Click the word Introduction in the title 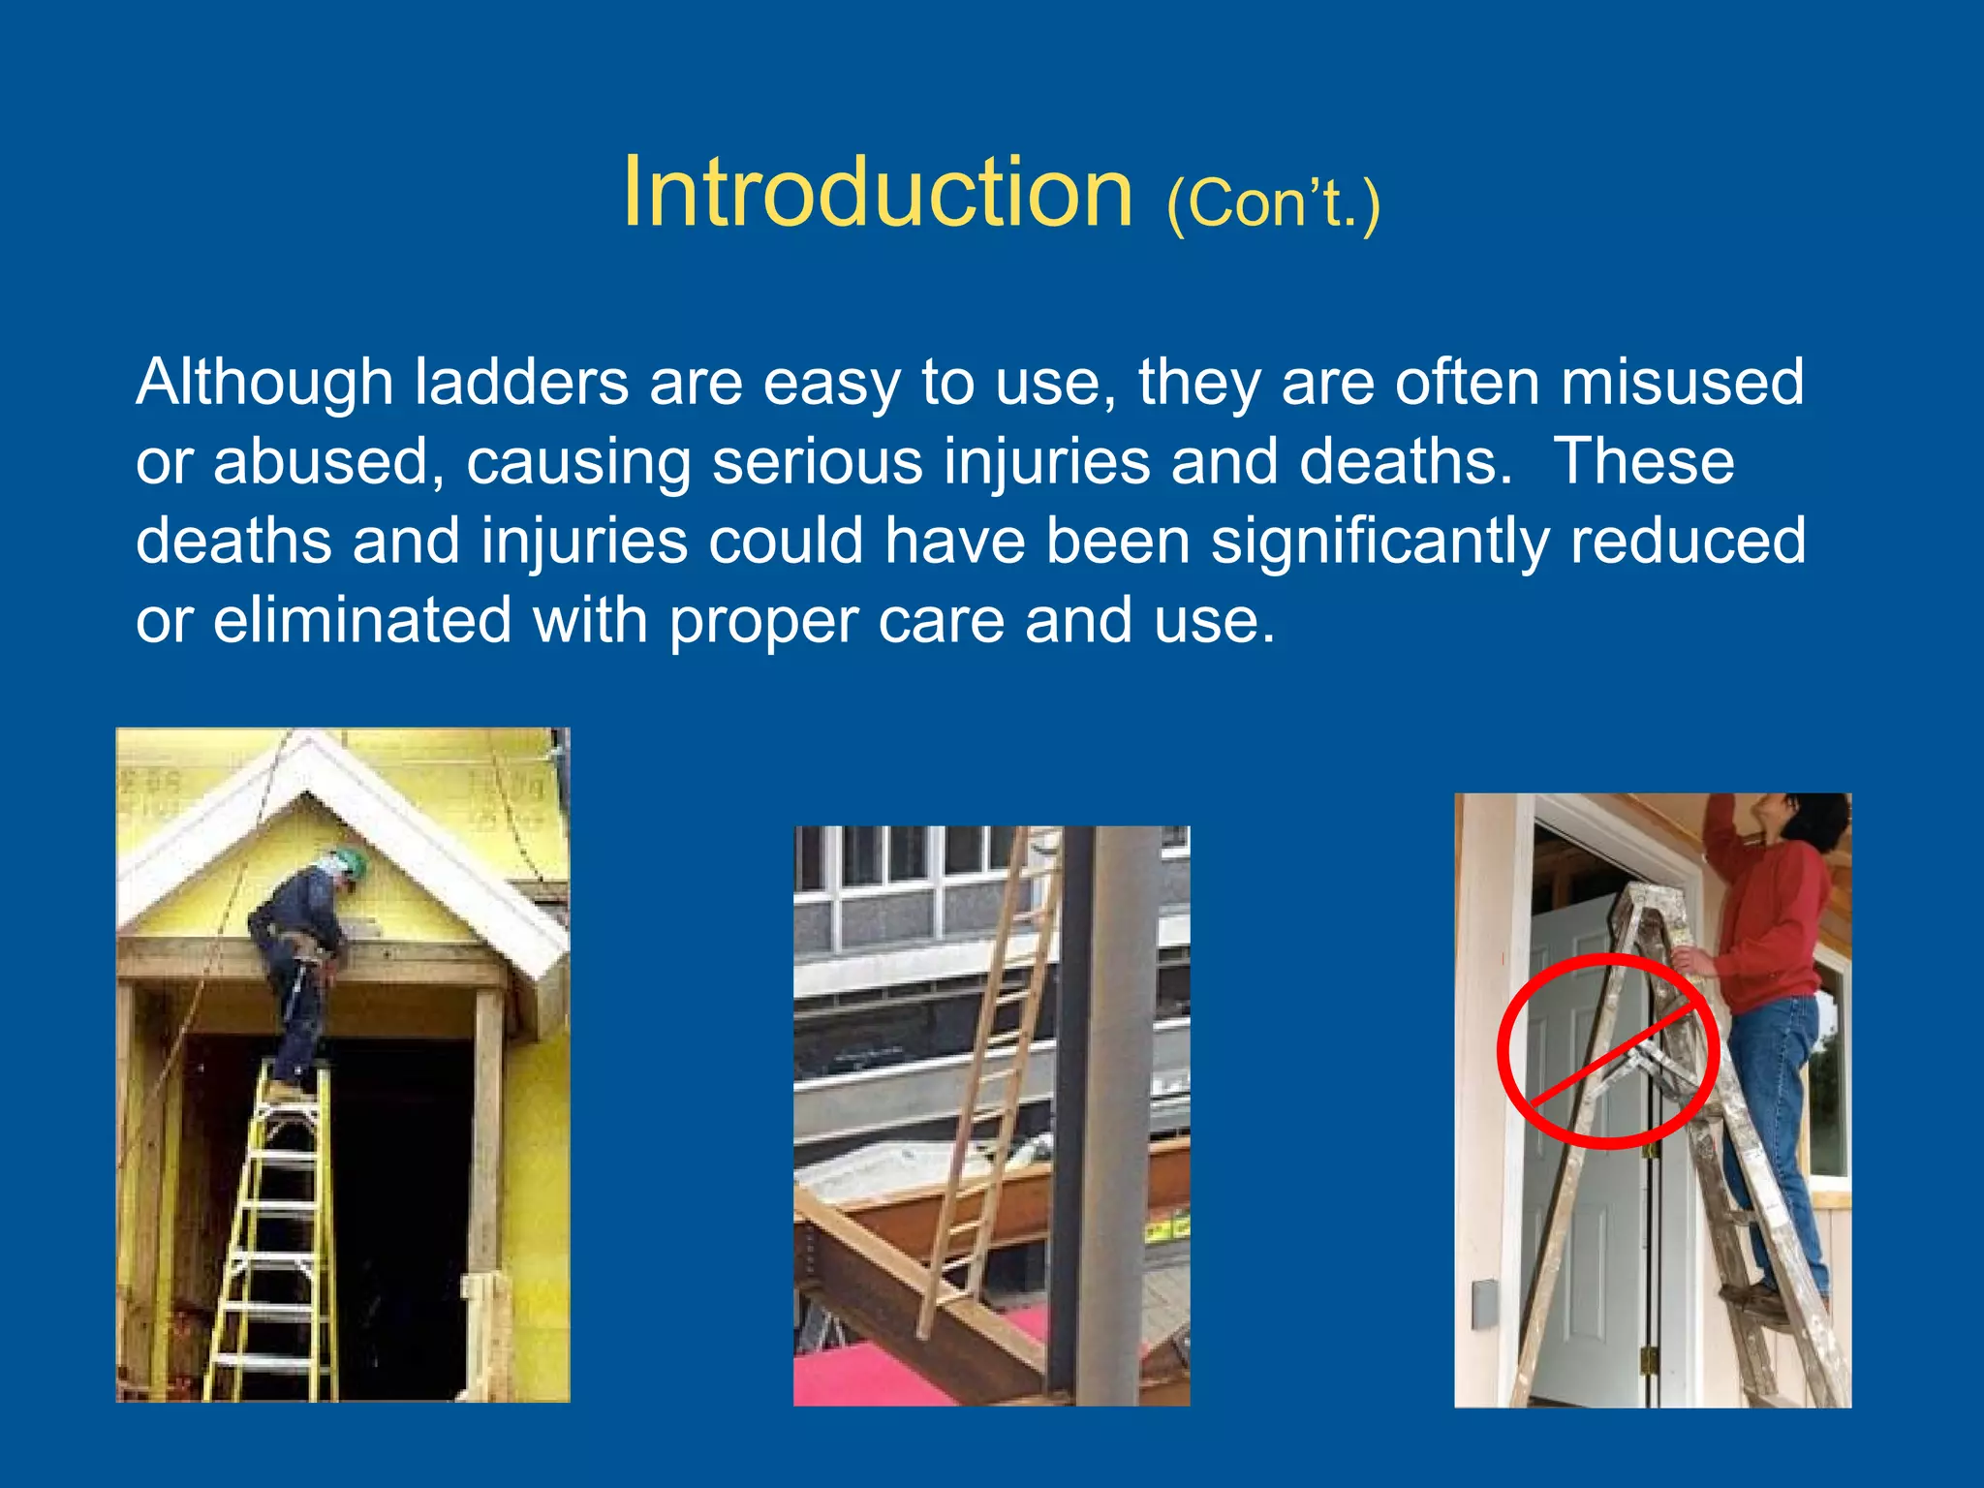tap(877, 194)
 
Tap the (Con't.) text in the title tap(1273, 203)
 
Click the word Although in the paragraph tap(263, 383)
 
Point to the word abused tap(321, 462)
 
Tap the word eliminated tap(362, 621)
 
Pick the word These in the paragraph tap(1644, 462)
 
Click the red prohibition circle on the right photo tap(1607, 1051)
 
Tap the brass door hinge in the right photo tap(1646, 1360)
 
